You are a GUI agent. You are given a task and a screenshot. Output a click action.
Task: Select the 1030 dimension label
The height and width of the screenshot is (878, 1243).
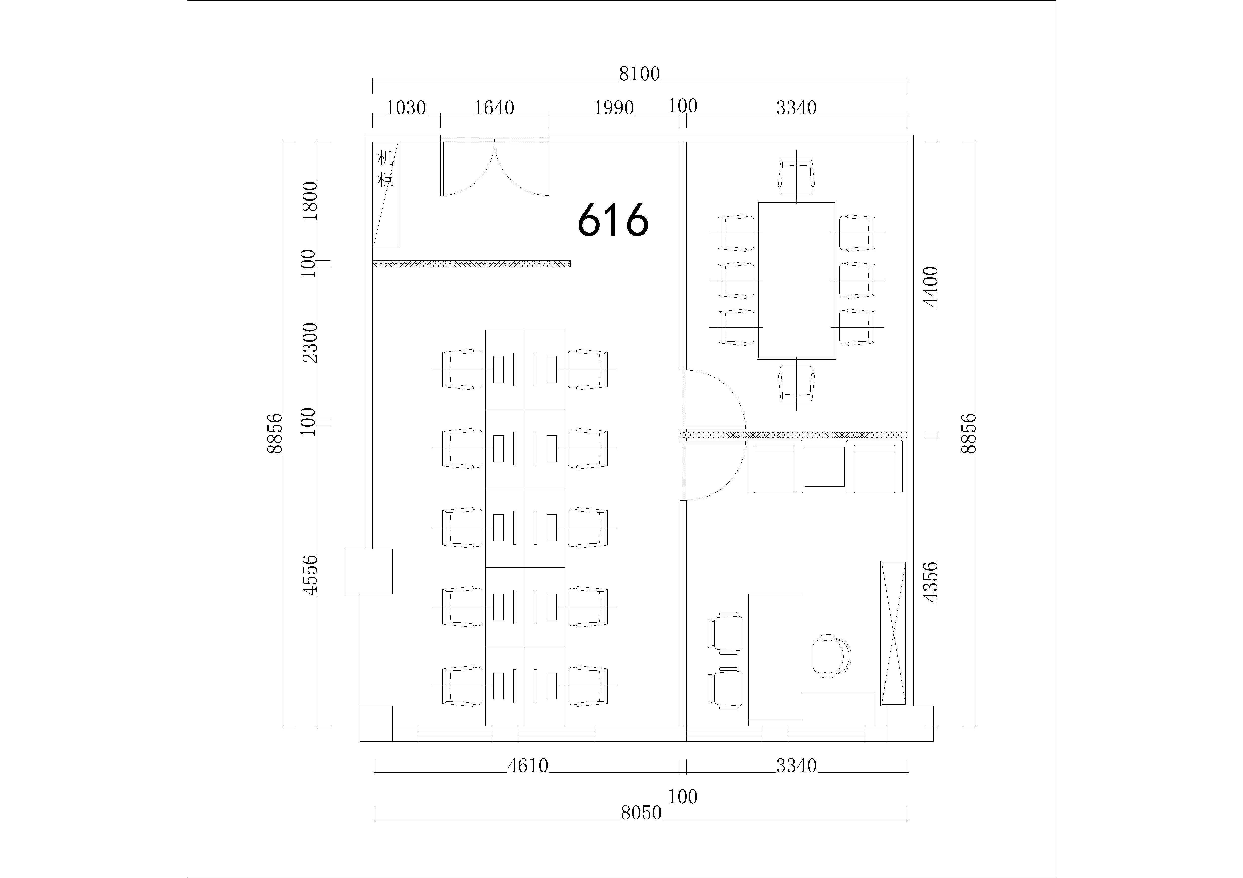pos(406,108)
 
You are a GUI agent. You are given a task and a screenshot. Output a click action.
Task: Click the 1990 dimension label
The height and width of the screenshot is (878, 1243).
pos(614,108)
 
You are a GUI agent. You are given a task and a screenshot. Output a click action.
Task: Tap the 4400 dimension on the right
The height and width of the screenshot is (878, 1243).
pos(931,286)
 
